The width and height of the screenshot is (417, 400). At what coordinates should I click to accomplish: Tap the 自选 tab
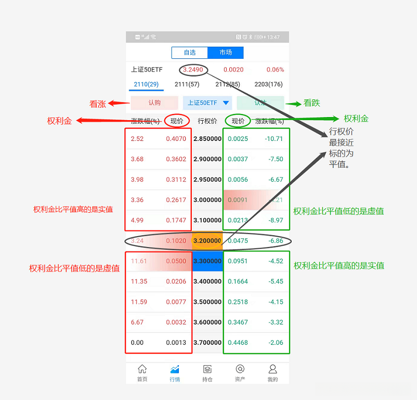click(x=190, y=53)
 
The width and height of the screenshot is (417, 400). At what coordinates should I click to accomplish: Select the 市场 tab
click(x=226, y=53)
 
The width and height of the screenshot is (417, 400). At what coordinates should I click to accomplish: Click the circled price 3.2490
click(x=193, y=70)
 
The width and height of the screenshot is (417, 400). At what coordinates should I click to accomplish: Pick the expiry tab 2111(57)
click(x=187, y=84)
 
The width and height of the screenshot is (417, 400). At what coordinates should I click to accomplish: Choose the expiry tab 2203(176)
click(x=268, y=84)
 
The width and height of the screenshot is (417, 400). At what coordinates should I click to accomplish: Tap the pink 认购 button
click(x=154, y=103)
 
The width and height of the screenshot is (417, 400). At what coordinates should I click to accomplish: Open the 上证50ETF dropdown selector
click(x=207, y=103)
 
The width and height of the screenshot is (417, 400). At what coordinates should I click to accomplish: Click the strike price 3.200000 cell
click(x=207, y=241)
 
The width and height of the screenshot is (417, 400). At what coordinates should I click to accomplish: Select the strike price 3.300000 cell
click(x=207, y=261)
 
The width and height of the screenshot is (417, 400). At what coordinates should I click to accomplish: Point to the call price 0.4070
click(x=176, y=139)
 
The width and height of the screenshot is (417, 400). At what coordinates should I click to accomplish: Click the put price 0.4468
click(x=238, y=342)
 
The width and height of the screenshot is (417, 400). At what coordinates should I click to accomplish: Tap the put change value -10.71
click(x=273, y=139)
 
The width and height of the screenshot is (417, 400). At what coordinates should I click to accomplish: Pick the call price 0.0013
click(x=176, y=342)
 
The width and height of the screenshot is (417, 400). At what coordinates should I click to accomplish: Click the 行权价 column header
click(x=207, y=121)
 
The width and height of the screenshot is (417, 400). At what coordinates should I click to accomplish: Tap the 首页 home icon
click(x=142, y=373)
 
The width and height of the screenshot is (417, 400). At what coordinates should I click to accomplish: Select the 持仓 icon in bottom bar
click(x=207, y=373)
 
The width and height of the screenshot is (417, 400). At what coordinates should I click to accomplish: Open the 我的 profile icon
click(x=272, y=373)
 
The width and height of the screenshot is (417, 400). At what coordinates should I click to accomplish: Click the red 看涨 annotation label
click(x=98, y=104)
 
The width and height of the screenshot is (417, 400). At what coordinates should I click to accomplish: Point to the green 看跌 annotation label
click(x=312, y=103)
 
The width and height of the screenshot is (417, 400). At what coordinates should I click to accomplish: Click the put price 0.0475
click(x=238, y=241)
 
